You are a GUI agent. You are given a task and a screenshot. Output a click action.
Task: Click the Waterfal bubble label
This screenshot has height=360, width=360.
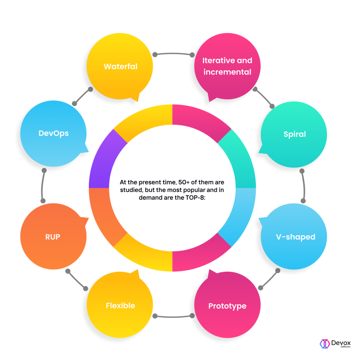(x=120, y=66)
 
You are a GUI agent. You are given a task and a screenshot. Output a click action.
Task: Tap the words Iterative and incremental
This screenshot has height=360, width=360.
(x=227, y=66)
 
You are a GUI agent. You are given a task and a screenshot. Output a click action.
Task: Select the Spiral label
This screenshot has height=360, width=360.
(x=294, y=134)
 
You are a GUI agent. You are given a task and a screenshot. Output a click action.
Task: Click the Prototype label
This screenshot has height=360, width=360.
(x=227, y=306)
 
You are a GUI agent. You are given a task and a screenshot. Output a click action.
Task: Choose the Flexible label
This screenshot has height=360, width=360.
(x=120, y=306)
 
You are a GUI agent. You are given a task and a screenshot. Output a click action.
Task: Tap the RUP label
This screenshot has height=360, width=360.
(x=53, y=237)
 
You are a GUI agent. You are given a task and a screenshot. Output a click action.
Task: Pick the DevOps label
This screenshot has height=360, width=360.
(x=53, y=133)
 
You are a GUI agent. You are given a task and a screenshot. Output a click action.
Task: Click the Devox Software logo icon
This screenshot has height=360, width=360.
(x=324, y=344)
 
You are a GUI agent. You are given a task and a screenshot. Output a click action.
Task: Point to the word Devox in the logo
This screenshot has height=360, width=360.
(x=341, y=342)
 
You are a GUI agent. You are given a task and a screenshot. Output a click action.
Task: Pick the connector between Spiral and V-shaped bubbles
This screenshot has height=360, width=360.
(x=304, y=185)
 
